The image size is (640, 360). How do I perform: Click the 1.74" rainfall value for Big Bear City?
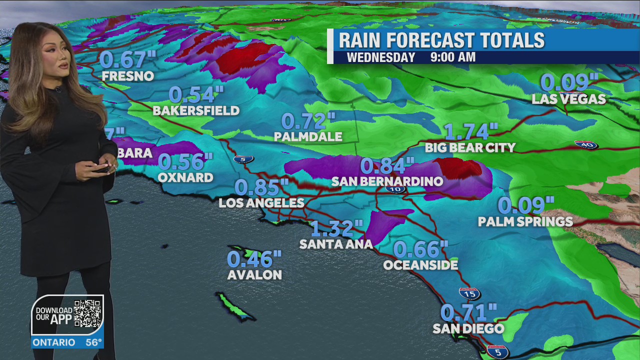tap(470, 131)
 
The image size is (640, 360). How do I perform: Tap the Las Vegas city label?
tap(568, 99)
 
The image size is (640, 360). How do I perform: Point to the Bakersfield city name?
tap(196, 110)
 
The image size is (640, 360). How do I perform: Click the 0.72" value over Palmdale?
tap(308, 121)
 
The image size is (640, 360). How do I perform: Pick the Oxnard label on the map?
tap(185, 177)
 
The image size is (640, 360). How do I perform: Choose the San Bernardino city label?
tap(387, 181)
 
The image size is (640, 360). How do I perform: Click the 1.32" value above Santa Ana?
tap(336, 228)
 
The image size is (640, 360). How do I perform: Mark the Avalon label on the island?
tap(254, 275)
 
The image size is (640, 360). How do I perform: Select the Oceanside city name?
tap(420, 265)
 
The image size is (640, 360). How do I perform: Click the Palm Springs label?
tap(525, 221)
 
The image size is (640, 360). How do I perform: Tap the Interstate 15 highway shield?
tap(470, 293)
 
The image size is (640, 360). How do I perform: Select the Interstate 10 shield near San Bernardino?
tap(395, 189)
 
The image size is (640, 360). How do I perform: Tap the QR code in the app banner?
tap(87, 314)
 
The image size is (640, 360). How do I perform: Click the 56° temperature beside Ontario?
tap(93, 342)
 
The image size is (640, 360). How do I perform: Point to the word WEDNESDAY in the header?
tap(381, 57)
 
